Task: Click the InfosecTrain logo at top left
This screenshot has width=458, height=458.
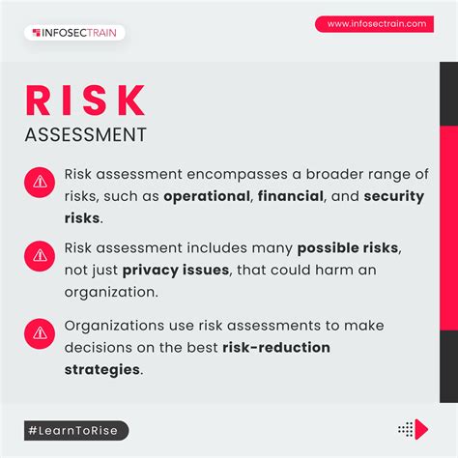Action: click(x=74, y=33)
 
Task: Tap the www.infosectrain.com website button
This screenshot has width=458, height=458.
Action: click(x=376, y=24)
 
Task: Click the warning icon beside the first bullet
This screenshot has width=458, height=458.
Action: click(x=40, y=181)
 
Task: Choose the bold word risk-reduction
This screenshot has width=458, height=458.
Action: click(x=276, y=347)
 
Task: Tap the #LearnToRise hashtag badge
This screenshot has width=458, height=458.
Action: click(x=77, y=430)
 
